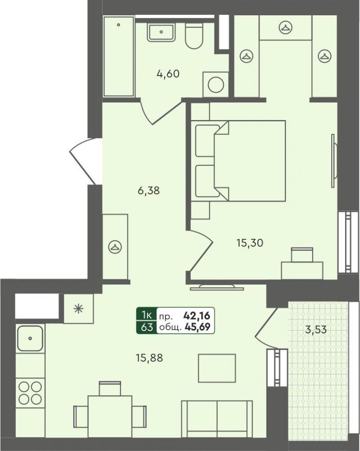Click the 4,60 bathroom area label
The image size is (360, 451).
pyautogui.click(x=168, y=74)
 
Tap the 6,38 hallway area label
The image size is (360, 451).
pyautogui.click(x=148, y=190)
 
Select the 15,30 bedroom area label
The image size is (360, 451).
pyautogui.click(x=250, y=243)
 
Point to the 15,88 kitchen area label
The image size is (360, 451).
pyautogui.click(x=149, y=358)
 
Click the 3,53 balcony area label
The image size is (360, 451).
pyautogui.click(x=316, y=329)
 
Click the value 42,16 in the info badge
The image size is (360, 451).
pyautogui.click(x=197, y=316)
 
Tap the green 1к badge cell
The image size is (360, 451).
pyautogui.click(x=147, y=315)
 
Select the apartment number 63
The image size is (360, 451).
pyautogui.click(x=147, y=327)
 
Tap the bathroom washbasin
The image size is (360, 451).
pyautogui.click(x=161, y=32)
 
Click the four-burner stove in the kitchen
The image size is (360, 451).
pyautogui.click(x=30, y=393)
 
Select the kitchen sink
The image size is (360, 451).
pyautogui.click(x=30, y=338)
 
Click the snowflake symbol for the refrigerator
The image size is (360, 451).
pyautogui.click(x=78, y=309)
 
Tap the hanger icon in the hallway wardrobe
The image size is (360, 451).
pyautogui.click(x=115, y=247)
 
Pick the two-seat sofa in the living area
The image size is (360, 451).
pyautogui.click(x=217, y=419)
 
